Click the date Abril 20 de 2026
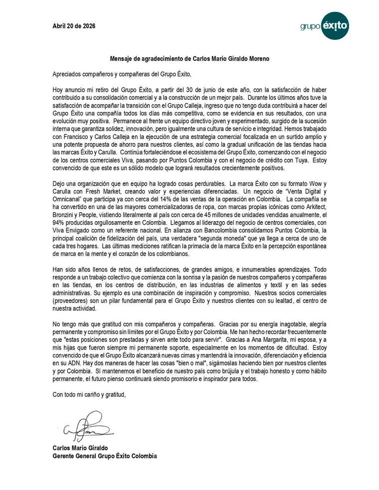(x=75, y=26)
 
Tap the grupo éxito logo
(x=325, y=25)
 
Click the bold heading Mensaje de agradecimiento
(x=189, y=59)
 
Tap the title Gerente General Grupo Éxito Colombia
(x=105, y=456)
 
